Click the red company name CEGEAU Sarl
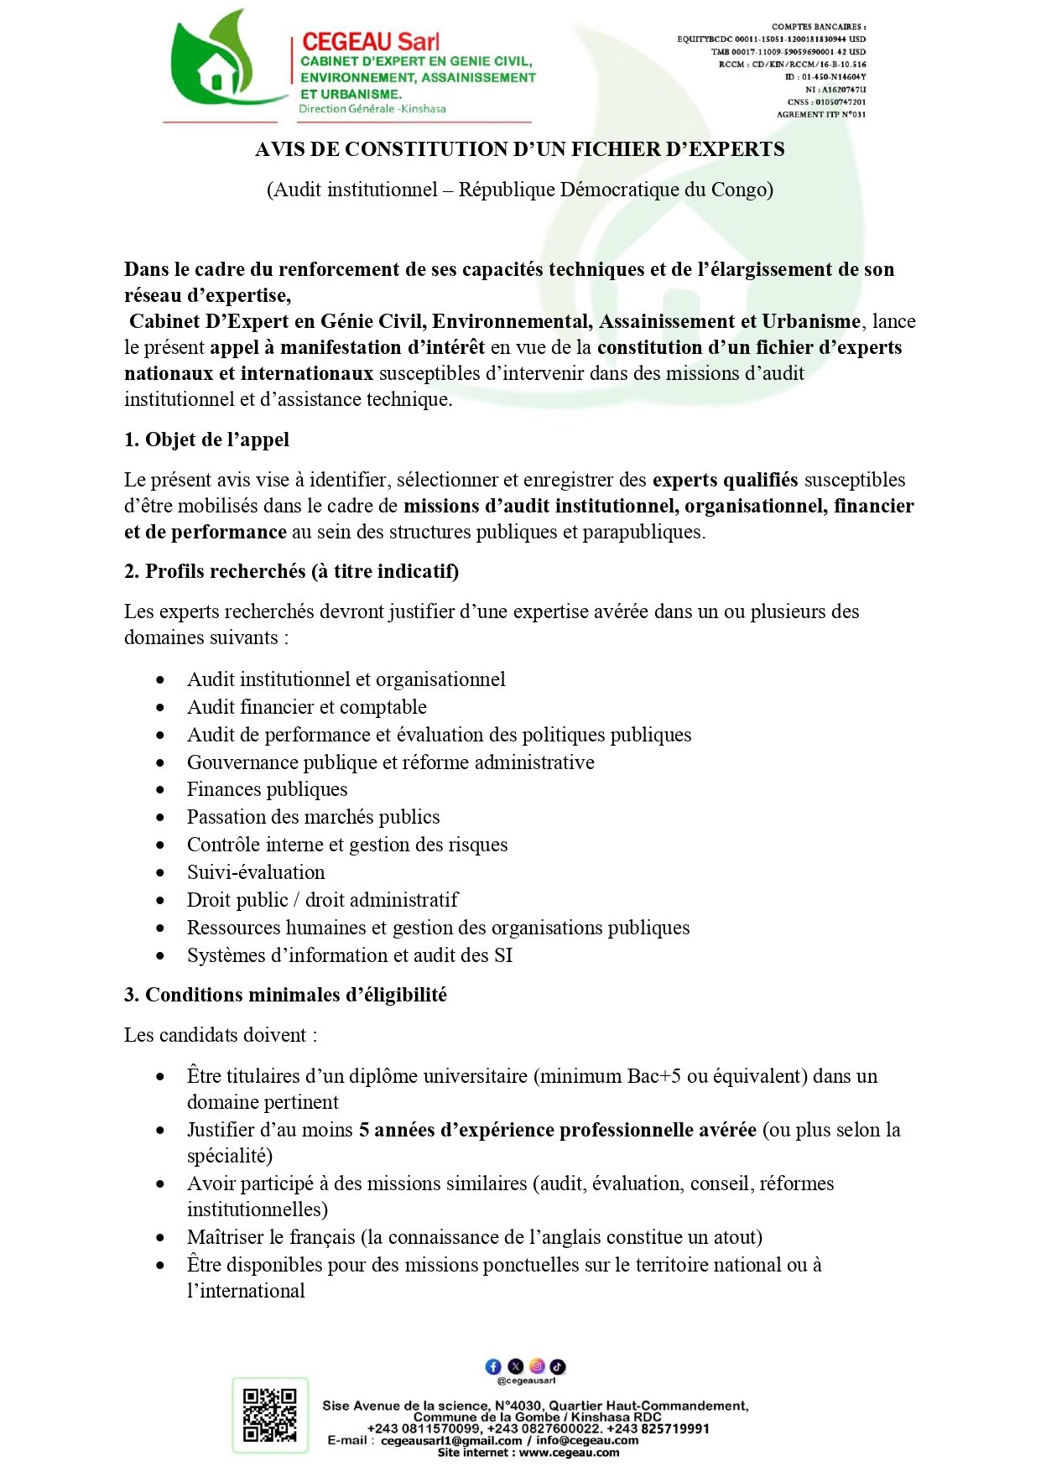click(x=370, y=42)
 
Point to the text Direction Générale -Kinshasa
click(x=372, y=109)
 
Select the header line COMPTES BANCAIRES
click(x=819, y=27)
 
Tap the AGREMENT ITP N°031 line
click(x=820, y=114)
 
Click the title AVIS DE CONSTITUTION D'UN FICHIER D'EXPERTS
click(x=520, y=149)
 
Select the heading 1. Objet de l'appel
click(x=206, y=440)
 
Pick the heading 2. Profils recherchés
click(x=291, y=571)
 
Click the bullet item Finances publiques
click(x=267, y=789)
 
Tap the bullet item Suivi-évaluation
click(x=256, y=872)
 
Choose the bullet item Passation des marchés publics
click(x=313, y=817)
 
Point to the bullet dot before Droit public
click(x=160, y=901)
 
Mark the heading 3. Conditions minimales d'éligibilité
click(x=285, y=995)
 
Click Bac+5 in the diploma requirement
click(x=654, y=1076)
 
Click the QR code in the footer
click(x=270, y=1415)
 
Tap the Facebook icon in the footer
click(x=493, y=1366)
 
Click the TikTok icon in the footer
click(x=558, y=1366)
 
